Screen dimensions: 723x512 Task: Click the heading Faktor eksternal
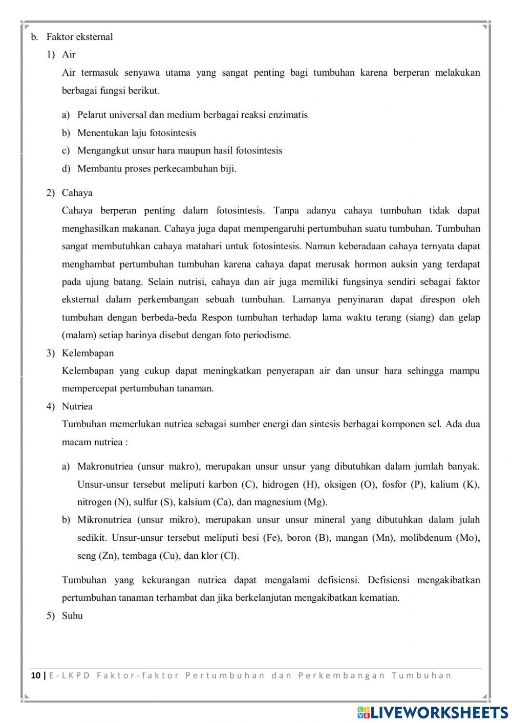(79, 37)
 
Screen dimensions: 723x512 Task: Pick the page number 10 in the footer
(36, 675)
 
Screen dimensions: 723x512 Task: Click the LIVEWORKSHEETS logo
(433, 712)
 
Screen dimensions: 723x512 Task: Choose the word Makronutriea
(105, 466)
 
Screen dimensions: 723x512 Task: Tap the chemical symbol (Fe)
(271, 538)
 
